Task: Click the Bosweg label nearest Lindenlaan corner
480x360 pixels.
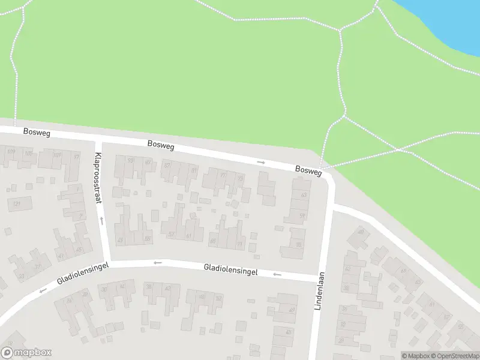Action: pyautogui.click(x=308, y=171)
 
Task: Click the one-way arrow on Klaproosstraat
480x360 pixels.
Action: pyautogui.click(x=101, y=220)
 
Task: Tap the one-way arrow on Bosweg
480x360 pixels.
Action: pyautogui.click(x=261, y=162)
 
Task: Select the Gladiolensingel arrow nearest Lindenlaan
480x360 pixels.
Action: pyautogui.click(x=277, y=274)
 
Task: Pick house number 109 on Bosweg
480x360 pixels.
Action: pyautogui.click(x=11, y=151)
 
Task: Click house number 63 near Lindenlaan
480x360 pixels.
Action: pyautogui.click(x=304, y=195)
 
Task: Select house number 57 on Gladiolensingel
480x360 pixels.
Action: pyautogui.click(x=172, y=234)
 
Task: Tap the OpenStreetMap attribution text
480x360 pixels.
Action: pyautogui.click(x=453, y=356)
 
